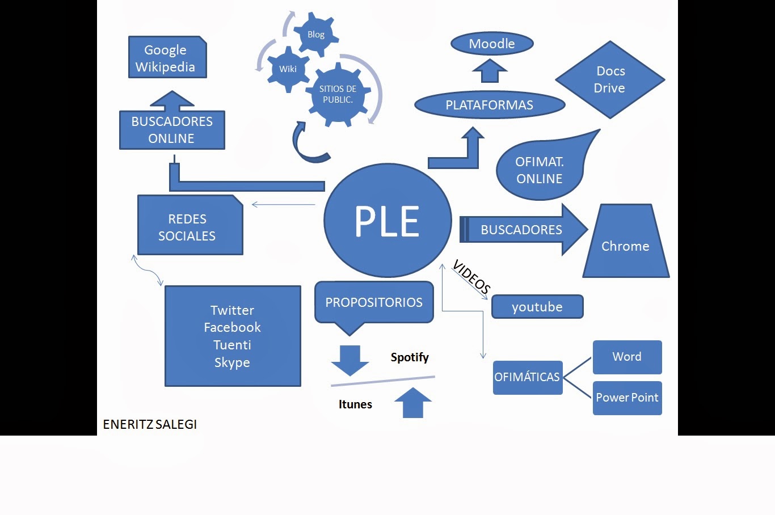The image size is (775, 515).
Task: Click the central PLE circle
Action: coord(387,221)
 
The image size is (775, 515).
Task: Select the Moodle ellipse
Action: coord(492,44)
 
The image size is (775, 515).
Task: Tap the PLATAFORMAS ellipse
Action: coord(490,105)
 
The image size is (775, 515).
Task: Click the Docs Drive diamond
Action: coord(610,79)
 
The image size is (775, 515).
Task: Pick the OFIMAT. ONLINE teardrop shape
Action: coord(539,170)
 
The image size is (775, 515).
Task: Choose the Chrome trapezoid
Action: coord(626,246)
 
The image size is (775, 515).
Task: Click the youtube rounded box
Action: coord(537,307)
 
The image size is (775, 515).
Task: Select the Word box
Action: coord(627,357)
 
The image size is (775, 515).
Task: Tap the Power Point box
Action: coord(627,398)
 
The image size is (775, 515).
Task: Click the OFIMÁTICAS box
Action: coord(527,377)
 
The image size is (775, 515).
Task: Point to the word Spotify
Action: coord(410,357)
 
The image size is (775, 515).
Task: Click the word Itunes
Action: coord(355,404)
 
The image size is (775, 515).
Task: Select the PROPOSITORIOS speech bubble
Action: coord(374,302)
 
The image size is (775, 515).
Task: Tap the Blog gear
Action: coord(316,35)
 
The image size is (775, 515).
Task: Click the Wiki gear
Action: coord(288,69)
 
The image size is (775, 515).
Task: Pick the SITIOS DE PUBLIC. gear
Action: coord(338,94)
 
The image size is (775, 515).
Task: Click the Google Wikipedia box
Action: coord(167,58)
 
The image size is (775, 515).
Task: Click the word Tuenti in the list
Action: coord(232,345)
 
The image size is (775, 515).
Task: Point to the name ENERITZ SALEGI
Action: coord(150,424)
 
